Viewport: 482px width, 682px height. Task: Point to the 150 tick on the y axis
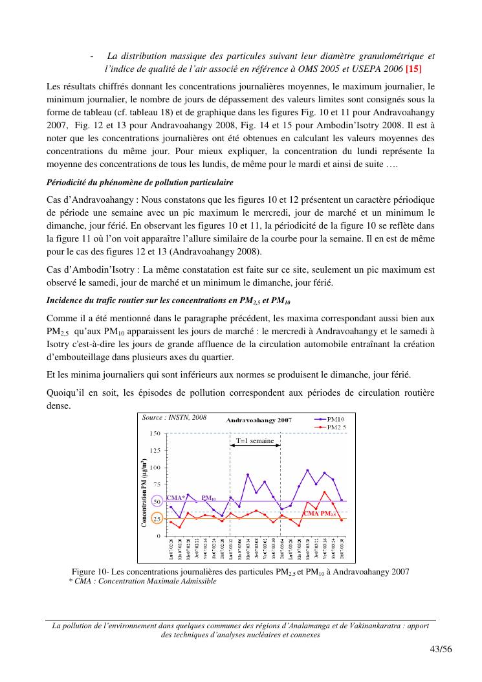(x=156, y=433)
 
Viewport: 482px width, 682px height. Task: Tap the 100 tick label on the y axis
(x=156, y=468)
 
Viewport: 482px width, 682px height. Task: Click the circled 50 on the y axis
(x=156, y=502)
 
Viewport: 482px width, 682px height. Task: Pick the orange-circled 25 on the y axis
(x=156, y=519)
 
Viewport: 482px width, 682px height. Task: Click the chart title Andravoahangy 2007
(x=259, y=420)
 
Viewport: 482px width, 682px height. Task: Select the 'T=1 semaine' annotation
(x=255, y=440)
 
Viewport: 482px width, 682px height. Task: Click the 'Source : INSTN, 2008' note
(x=174, y=418)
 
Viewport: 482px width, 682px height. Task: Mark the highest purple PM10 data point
(x=307, y=470)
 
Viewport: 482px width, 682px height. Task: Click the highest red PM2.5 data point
(x=324, y=492)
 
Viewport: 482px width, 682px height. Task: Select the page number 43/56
(x=440, y=650)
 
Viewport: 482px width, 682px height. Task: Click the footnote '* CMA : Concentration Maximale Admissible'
(x=143, y=581)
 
